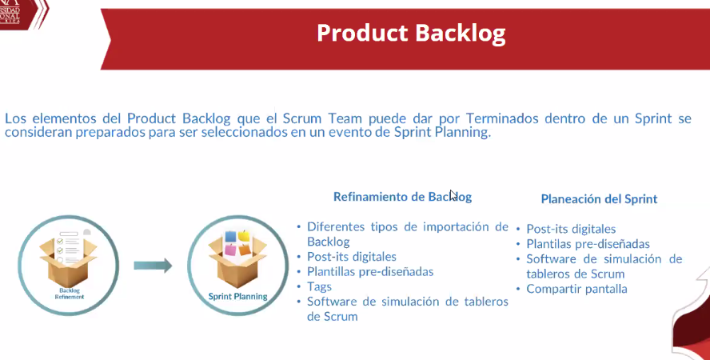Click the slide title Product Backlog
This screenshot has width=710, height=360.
[411, 34]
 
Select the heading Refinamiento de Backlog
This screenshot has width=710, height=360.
[402, 197]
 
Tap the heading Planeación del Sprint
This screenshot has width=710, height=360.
[599, 198]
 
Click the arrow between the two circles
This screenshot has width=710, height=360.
[153, 266]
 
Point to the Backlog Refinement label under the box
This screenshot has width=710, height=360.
[70, 294]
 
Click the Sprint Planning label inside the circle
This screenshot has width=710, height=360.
[237, 297]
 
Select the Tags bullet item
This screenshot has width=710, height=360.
[319, 286]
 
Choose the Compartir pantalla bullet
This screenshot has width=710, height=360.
[576, 289]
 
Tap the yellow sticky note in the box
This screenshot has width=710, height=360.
[244, 236]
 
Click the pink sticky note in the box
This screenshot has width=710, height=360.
[230, 250]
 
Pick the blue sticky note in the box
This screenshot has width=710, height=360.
[230, 236]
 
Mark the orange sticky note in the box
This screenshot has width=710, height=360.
[245, 250]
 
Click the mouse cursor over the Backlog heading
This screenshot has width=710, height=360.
[453, 195]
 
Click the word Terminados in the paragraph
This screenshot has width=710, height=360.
[502, 118]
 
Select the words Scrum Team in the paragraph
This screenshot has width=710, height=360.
[322, 118]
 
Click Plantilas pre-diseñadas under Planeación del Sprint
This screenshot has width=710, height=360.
[588, 244]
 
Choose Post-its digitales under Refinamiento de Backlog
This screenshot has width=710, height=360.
[351, 257]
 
